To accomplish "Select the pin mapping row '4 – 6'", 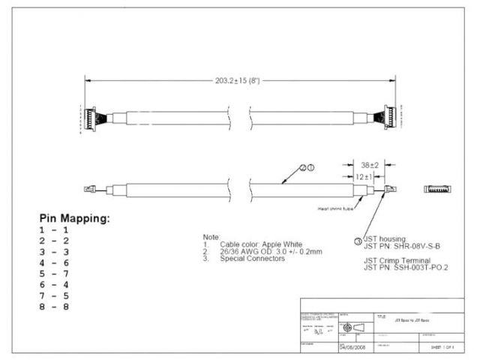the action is (54, 264).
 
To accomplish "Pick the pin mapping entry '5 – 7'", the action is (54, 274).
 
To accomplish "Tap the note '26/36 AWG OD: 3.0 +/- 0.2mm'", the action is (271, 251).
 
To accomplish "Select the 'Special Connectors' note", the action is (252, 259).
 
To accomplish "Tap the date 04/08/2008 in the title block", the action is (353, 348).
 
